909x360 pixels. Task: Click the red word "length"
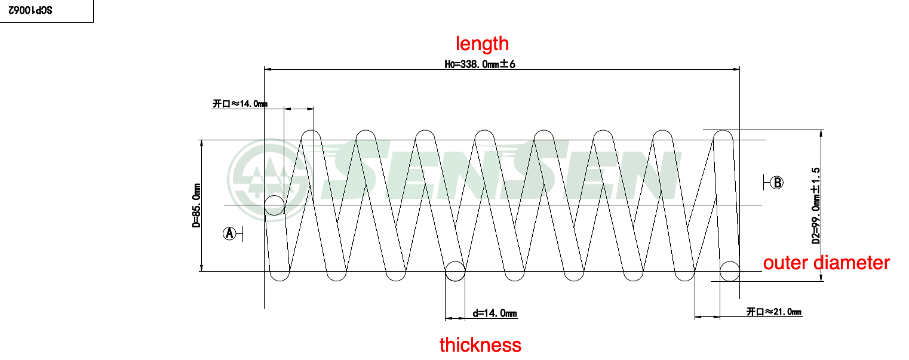click(482, 44)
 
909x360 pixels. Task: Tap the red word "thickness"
click(480, 344)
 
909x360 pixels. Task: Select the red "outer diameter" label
click(826, 263)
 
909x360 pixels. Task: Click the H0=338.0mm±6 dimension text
click(480, 64)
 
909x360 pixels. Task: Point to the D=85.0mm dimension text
click(196, 206)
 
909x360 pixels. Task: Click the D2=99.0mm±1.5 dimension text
click(816, 206)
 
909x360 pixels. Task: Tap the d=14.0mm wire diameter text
click(495, 313)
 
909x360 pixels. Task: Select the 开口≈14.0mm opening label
click(239, 104)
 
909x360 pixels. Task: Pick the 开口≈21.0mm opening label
click(774, 312)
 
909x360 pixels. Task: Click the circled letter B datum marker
click(777, 183)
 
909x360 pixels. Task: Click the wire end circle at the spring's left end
click(274, 205)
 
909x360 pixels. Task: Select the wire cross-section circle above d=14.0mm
click(455, 271)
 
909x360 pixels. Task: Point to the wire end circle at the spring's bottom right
click(729, 271)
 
